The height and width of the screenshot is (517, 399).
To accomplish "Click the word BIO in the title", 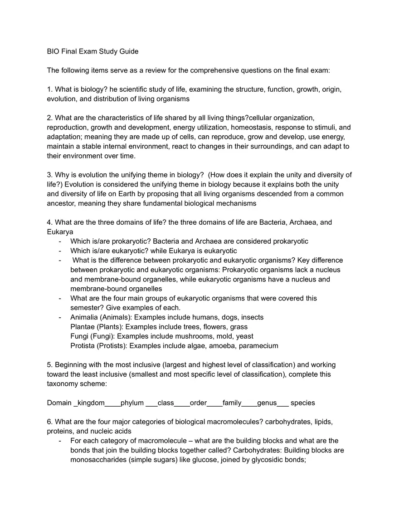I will (x=54, y=51).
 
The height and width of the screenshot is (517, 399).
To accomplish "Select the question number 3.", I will (x=49, y=175).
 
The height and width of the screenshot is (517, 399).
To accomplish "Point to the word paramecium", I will (x=258, y=346).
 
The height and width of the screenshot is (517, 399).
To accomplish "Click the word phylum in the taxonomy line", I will (x=132, y=403).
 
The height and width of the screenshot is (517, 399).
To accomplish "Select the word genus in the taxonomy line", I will (x=267, y=403).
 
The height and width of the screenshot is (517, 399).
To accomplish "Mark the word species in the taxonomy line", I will (x=302, y=403).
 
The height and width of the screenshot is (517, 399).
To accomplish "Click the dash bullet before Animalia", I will (x=60, y=317).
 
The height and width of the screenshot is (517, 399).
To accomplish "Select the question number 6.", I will (x=49, y=422).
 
